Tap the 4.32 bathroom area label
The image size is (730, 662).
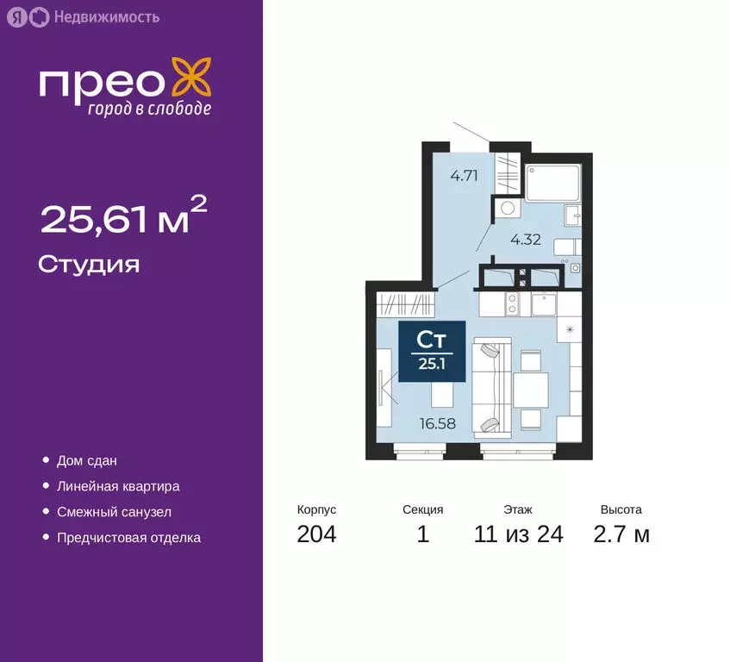(525, 240)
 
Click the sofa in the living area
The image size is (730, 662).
(490, 385)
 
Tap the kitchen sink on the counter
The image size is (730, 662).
(545, 304)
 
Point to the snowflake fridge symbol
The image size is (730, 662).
(570, 330)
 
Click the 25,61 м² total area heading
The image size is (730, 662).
(124, 220)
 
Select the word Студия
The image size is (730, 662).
(89, 264)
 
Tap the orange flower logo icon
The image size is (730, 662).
(190, 78)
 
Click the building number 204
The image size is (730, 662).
(316, 534)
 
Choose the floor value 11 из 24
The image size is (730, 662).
(518, 534)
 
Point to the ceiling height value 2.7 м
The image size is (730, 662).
(621, 534)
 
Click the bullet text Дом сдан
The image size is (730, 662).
(86, 461)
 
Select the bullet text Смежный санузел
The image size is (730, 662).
(114, 512)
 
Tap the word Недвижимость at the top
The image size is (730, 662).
(106, 16)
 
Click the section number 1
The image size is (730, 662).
(422, 534)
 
